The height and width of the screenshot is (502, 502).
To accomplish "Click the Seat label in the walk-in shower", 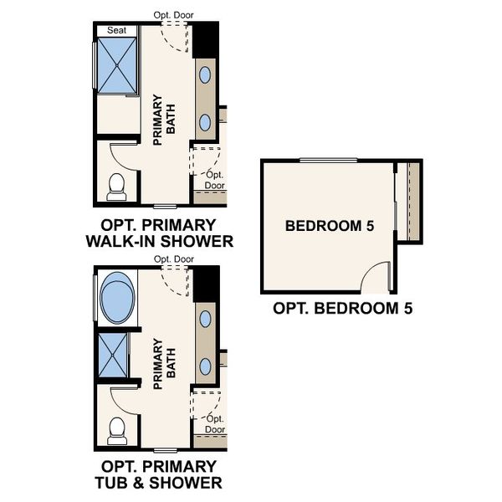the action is click(x=116, y=30).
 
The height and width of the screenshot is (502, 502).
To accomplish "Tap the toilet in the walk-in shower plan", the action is click(x=116, y=187).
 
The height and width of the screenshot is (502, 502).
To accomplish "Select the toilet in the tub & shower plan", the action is click(x=117, y=431).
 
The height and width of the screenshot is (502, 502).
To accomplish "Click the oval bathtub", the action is click(x=117, y=298).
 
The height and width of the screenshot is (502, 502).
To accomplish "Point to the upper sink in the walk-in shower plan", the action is click(x=205, y=75).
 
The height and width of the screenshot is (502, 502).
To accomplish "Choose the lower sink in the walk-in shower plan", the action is click(x=205, y=122).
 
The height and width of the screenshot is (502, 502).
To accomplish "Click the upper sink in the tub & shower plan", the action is click(x=205, y=319).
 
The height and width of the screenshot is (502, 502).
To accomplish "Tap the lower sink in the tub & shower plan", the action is click(x=205, y=366).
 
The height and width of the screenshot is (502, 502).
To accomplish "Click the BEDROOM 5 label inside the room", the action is click(x=330, y=226).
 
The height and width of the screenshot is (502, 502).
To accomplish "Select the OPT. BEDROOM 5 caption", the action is click(x=342, y=308).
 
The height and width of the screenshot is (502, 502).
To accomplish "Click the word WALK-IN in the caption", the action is click(x=120, y=242).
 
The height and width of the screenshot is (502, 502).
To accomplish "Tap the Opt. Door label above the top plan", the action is click(x=173, y=15).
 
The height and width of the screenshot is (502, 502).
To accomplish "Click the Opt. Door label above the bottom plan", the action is click(x=174, y=259).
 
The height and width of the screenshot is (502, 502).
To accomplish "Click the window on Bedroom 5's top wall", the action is click(x=329, y=161).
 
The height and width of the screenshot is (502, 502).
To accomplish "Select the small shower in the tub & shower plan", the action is click(x=113, y=355).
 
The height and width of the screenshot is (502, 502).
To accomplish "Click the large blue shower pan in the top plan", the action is click(x=117, y=65).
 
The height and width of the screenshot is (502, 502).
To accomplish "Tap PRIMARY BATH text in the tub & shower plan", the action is click(x=165, y=363).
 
